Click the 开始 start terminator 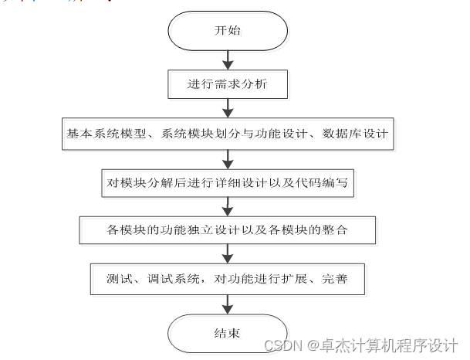[227, 32]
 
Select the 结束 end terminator [227, 334]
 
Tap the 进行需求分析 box [227, 84]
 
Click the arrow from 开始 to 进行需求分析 [227, 59]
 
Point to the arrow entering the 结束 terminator [227, 304]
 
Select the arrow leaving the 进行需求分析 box [227, 107]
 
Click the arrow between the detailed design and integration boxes [227, 206]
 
